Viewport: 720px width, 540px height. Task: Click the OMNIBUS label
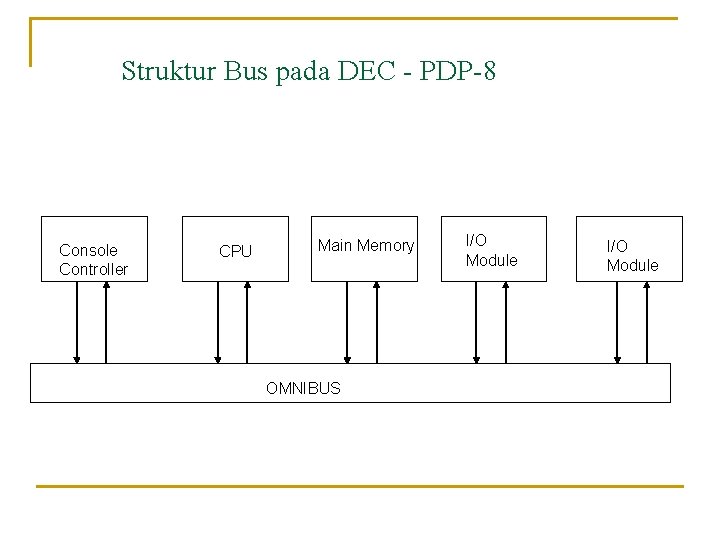[x=303, y=388]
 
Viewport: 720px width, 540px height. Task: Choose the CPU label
[x=235, y=251]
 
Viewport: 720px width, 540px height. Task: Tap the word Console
[x=88, y=250]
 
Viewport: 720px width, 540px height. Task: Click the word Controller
[x=93, y=269]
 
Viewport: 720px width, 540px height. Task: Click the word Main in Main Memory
[x=335, y=245]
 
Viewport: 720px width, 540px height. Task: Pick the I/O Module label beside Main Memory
[x=491, y=250]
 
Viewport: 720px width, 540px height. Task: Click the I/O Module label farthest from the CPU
[x=632, y=255]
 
